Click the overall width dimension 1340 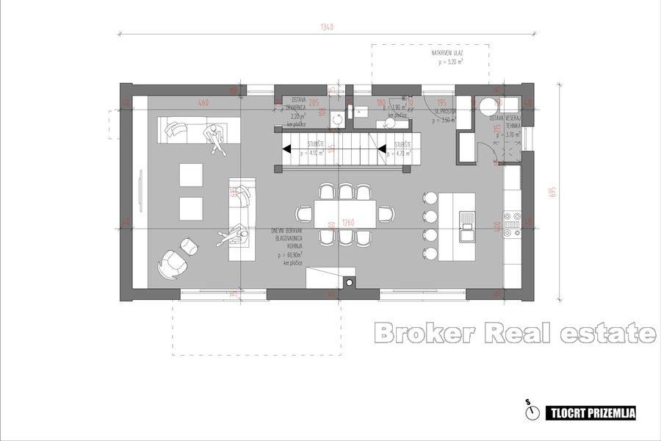[x=328, y=27]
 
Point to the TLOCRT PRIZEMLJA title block [x=589, y=413]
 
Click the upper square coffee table [x=190, y=173]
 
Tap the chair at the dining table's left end [x=303, y=214]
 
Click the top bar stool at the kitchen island [x=429, y=198]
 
